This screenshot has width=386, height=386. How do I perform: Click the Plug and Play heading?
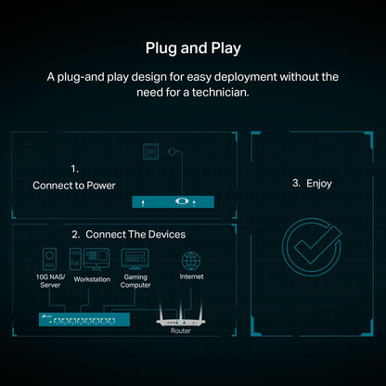[193, 48]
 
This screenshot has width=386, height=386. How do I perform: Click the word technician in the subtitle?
[220, 92]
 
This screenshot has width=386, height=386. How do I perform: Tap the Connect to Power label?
[74, 186]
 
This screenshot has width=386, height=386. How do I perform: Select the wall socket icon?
[151, 151]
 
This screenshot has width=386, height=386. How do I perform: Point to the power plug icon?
[172, 151]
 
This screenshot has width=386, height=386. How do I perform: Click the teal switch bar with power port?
[173, 201]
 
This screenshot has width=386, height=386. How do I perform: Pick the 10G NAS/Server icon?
[49, 259]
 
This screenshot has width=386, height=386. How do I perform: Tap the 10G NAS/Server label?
[50, 281]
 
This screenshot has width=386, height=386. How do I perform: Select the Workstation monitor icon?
[96, 259]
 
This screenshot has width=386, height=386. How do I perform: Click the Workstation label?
[92, 279]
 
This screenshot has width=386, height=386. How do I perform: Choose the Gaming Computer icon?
[135, 259]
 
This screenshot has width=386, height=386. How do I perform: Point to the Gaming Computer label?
[135, 281]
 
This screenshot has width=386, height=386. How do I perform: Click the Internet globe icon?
[191, 261]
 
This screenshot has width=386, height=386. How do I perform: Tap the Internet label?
[191, 277]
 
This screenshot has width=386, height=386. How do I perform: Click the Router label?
[181, 330]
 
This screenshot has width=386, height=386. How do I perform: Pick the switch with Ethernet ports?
[84, 319]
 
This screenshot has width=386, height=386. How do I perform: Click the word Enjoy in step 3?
[319, 184]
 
